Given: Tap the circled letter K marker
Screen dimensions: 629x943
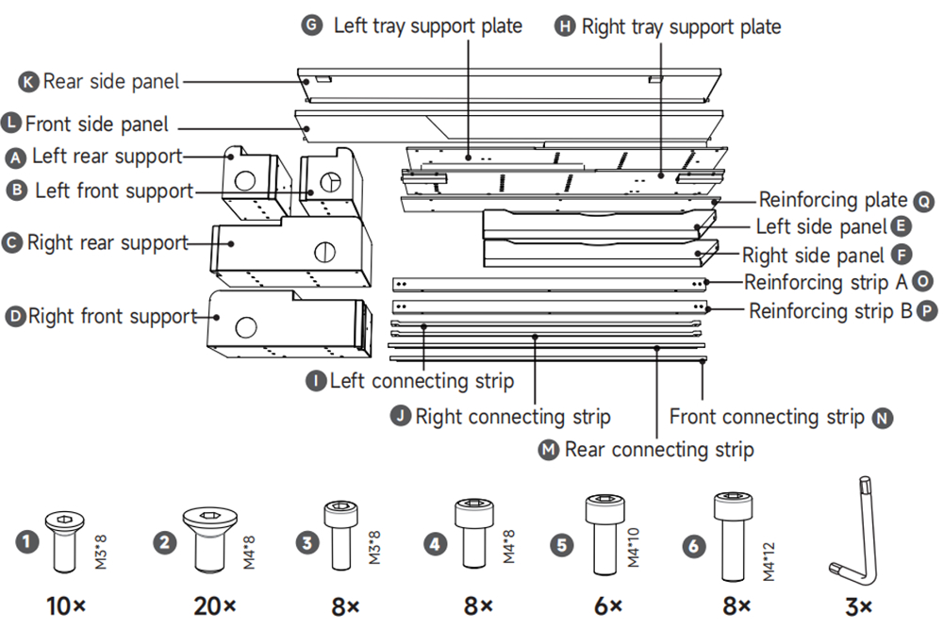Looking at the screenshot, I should [x=29, y=82].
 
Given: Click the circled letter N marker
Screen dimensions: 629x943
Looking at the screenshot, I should [x=883, y=417].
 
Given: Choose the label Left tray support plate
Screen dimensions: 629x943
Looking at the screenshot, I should [x=427, y=25].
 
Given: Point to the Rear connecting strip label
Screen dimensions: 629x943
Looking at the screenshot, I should [x=658, y=449].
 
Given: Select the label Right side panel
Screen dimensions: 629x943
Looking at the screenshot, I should [x=813, y=255].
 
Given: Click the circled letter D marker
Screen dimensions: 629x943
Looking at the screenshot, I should [x=14, y=317].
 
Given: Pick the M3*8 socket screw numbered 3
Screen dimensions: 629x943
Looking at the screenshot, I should [x=340, y=535].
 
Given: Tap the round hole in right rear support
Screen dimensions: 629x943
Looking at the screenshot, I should [x=323, y=252].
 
